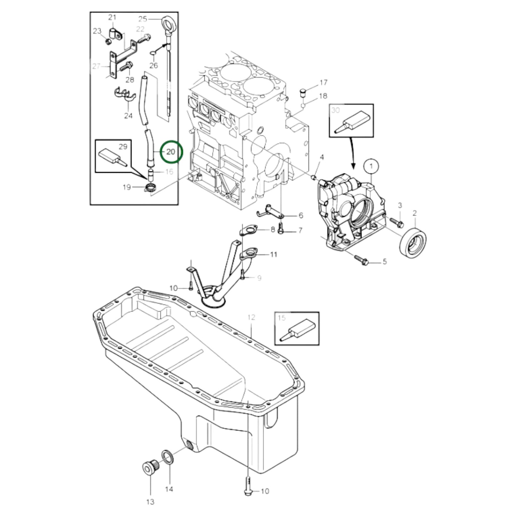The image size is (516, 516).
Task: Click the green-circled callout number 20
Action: click(171, 152)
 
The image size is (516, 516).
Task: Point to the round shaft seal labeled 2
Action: click(414, 242)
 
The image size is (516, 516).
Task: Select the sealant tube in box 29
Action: click(112, 156)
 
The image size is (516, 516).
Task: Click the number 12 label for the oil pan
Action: click(251, 317)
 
